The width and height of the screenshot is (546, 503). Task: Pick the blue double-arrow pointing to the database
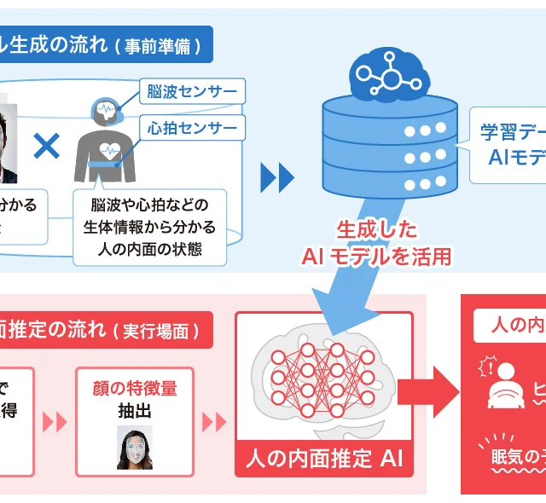click(277, 177)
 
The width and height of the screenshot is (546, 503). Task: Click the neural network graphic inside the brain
click(321, 376)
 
